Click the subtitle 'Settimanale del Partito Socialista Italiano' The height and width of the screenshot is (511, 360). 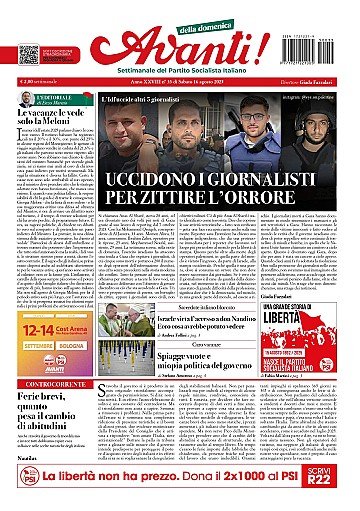pos(180,78)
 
